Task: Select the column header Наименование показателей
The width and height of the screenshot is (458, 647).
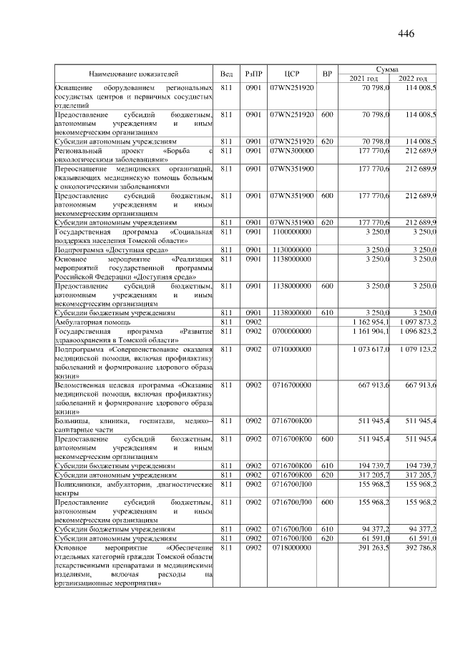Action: point(133,74)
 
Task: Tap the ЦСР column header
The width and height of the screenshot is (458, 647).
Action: point(291,74)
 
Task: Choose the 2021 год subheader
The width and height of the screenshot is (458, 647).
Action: point(364,78)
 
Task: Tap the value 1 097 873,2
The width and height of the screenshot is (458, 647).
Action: point(417,322)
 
